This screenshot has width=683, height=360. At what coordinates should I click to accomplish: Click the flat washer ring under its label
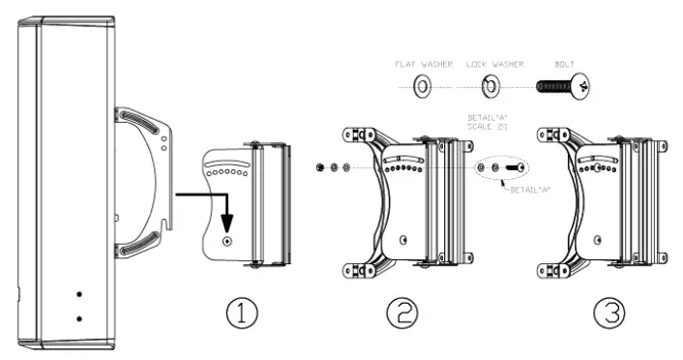(x=422, y=88)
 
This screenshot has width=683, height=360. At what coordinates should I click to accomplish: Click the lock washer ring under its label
(x=490, y=88)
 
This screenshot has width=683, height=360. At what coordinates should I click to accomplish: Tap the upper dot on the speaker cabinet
(x=79, y=293)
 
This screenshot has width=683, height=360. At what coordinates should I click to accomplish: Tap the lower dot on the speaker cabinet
(x=79, y=317)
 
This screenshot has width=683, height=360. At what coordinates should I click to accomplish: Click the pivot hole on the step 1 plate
(x=227, y=241)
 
